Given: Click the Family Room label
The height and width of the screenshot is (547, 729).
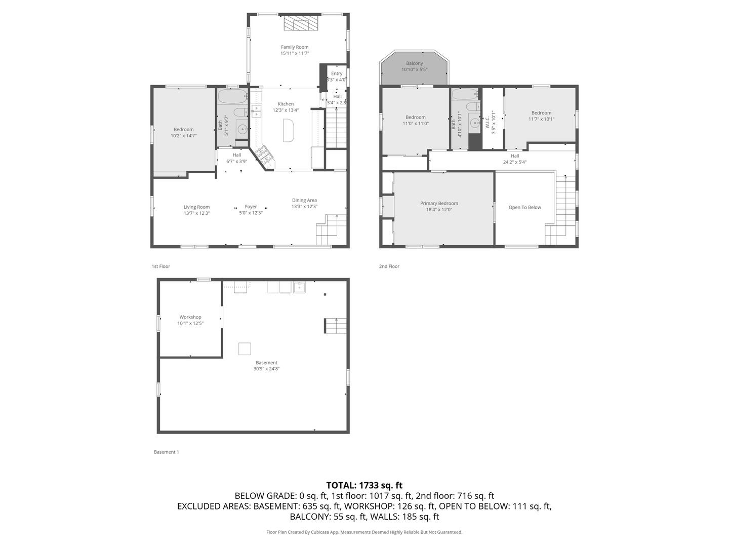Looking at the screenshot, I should click(295, 47).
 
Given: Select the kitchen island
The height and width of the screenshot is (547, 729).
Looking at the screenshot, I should click(288, 130).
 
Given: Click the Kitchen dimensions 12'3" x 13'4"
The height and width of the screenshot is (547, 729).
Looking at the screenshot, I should click(286, 110).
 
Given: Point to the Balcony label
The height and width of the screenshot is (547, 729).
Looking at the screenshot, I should click(414, 63).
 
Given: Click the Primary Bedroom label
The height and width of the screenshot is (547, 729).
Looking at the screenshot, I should click(439, 204).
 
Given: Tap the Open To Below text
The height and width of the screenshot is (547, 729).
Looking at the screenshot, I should click(524, 208).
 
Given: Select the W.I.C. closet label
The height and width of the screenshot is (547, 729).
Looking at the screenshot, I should click(488, 122).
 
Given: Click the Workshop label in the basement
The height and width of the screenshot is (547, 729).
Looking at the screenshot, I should click(190, 317).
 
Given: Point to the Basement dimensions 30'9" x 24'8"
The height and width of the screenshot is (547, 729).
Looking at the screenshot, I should click(266, 369).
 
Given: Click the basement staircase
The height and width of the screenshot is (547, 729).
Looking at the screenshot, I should click(336, 326).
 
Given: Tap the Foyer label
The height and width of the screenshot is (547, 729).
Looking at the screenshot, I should click(251, 207).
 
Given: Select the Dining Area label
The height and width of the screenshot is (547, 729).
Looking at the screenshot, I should click(304, 200).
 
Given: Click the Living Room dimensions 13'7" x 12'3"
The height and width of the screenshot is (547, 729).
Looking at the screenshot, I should click(196, 213).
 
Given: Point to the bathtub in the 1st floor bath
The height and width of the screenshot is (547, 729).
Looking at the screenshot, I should click(232, 96).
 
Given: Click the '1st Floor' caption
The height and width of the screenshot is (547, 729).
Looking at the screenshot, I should click(161, 266).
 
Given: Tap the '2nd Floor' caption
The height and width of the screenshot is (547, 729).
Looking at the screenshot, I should click(389, 266).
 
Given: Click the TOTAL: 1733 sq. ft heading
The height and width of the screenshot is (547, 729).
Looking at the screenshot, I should click(364, 485).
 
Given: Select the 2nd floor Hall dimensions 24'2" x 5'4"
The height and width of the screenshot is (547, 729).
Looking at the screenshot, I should click(515, 163).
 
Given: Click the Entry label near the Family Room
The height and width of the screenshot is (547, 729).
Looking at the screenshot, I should click(337, 73).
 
